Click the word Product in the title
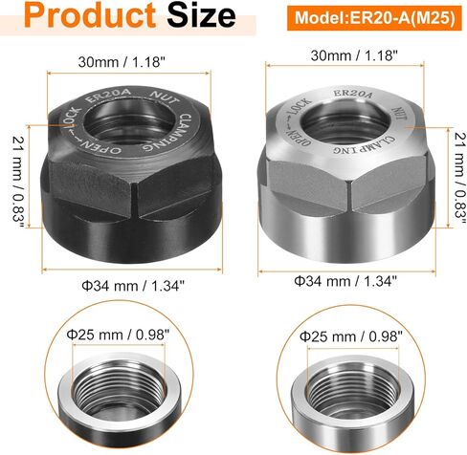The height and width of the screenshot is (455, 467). pyautogui.click(x=90, y=15)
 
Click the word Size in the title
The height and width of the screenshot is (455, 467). pyautogui.click(x=201, y=15)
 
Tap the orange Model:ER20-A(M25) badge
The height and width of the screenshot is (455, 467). pyautogui.click(x=374, y=18)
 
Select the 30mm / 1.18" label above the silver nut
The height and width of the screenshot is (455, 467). pyautogui.click(x=354, y=55)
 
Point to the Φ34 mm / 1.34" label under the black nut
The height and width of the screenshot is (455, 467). pyautogui.click(x=133, y=285)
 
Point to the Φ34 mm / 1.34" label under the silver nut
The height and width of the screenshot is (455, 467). pyautogui.click(x=345, y=281)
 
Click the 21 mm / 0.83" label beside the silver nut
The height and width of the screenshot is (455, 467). pyautogui.click(x=460, y=175)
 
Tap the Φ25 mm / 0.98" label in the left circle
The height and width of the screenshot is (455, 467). pyautogui.click(x=118, y=335)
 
